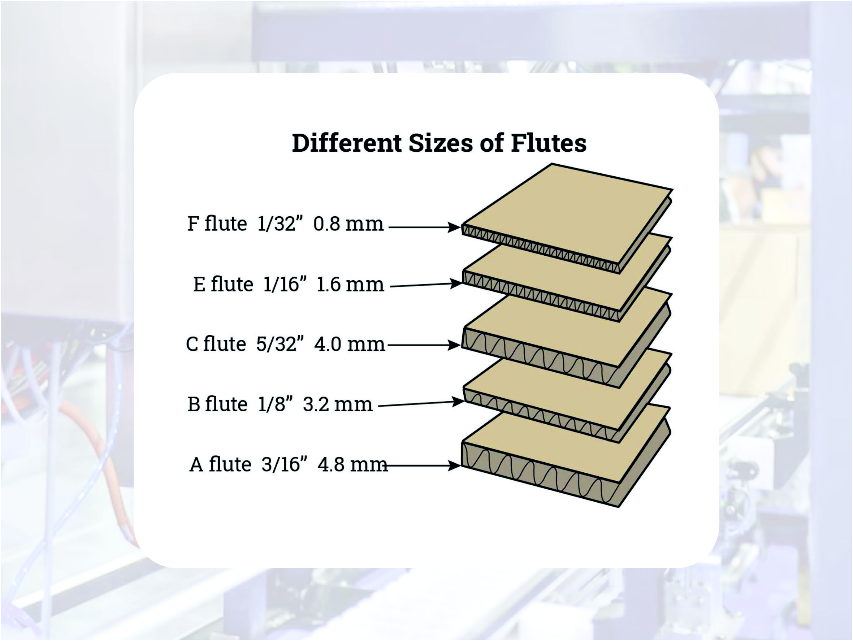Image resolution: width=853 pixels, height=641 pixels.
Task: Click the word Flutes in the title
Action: (548, 143)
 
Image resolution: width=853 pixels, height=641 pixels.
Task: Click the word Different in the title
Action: (347, 143)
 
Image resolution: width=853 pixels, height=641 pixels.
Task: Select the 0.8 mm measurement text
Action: (348, 224)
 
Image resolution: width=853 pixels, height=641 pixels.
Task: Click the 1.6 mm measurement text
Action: (350, 285)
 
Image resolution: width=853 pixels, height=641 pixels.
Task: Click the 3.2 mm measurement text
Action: (338, 404)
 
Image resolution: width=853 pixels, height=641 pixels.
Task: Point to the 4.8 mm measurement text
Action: (352, 464)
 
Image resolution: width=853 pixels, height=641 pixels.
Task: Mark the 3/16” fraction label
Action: (286, 464)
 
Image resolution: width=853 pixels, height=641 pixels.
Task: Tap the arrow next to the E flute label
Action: (426, 285)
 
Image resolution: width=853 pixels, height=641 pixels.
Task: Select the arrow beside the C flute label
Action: (425, 345)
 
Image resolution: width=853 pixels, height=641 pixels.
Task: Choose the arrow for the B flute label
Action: (420, 403)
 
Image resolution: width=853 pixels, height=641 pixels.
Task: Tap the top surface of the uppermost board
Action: (567, 214)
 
